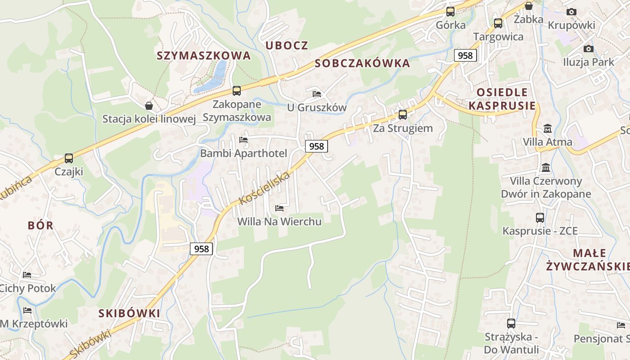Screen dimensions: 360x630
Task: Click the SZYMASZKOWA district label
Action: pos(203,56)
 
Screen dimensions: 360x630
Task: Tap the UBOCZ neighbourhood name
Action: pos(287,45)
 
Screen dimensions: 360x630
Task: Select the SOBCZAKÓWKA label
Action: pos(362,63)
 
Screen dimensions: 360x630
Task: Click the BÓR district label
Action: pos(40,225)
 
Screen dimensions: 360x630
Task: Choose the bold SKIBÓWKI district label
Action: pos(129,314)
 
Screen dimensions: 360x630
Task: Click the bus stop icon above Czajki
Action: pos(69,158)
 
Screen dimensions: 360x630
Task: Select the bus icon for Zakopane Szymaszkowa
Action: pos(237,91)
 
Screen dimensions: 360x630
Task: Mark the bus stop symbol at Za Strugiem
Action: pos(403,114)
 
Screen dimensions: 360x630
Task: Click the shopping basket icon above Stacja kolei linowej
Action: pos(149,106)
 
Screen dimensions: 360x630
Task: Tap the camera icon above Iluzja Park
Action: pos(588,49)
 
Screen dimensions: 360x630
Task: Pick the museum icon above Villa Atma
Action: pos(547,129)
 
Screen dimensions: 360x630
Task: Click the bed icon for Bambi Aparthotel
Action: pos(243,140)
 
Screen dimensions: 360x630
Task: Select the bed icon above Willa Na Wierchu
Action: pos(279,208)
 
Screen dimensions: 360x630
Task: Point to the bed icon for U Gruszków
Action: pos(317,94)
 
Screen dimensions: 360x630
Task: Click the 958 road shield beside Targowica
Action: pos(465,55)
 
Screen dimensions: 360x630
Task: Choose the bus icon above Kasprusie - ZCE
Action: pos(540,218)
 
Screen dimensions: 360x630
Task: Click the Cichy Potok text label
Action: pos(28,288)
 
